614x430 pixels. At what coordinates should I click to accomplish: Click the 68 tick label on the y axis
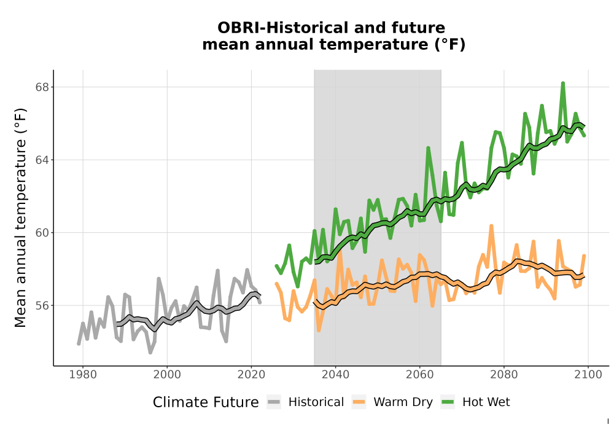tap(42, 87)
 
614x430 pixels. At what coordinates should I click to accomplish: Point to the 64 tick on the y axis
tap(42, 160)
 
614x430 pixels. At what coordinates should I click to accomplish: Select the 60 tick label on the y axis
tap(42, 233)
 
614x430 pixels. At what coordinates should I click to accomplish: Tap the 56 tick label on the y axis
tap(42, 305)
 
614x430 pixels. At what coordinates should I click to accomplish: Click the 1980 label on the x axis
tap(83, 375)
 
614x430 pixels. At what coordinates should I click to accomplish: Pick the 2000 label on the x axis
tap(167, 375)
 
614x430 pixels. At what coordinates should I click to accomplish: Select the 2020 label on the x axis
tap(251, 375)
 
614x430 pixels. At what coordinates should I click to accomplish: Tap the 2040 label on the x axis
tap(336, 375)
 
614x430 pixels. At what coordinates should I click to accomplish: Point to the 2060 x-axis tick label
tap(420, 375)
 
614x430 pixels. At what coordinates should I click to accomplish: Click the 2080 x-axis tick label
tap(504, 375)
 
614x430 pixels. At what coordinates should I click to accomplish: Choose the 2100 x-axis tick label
tap(588, 375)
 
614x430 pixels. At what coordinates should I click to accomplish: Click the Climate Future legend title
tap(206, 402)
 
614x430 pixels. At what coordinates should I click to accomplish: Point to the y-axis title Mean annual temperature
tap(20, 217)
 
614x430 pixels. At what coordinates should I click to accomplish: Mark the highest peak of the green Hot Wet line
tap(562, 83)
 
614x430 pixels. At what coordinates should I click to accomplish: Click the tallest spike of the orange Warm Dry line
tap(491, 226)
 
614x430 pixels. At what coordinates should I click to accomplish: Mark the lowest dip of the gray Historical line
tap(150, 353)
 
